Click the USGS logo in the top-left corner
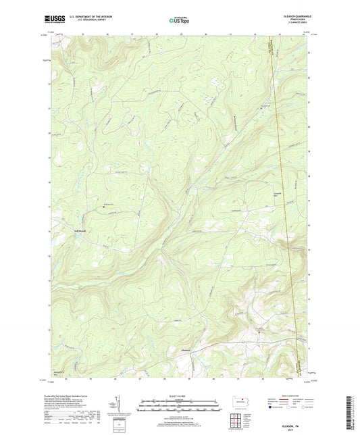pos(55,20)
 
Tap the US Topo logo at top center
pos(180,20)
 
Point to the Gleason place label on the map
pos(187,351)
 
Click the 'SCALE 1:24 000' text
pos(180,396)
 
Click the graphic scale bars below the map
pos(180,407)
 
